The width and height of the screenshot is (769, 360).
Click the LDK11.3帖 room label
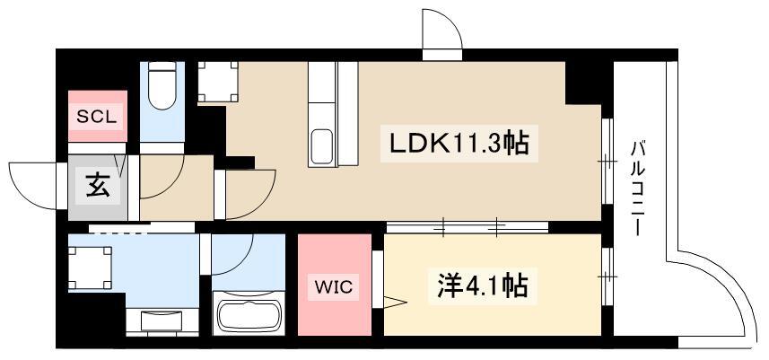pos(459,144)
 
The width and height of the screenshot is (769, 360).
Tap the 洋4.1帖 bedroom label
pos(483,286)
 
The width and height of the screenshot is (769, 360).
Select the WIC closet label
pos(334,287)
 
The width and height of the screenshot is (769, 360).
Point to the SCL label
pos(97,117)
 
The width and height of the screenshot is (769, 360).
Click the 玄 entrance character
pos(98,186)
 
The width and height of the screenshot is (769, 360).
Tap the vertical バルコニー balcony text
pos(638,188)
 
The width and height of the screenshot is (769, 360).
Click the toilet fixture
pos(162,85)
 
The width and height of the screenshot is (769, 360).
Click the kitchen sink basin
pos(322,145)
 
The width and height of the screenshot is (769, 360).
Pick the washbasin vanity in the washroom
pos(162,321)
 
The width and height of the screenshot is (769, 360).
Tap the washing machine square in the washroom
pos(90,268)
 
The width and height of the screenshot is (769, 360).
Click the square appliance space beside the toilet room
pos(218,83)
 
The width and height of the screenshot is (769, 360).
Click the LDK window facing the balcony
pos(607,161)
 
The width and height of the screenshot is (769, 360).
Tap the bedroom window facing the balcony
pos(607,277)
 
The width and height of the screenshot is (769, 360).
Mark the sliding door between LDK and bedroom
pos(467,226)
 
